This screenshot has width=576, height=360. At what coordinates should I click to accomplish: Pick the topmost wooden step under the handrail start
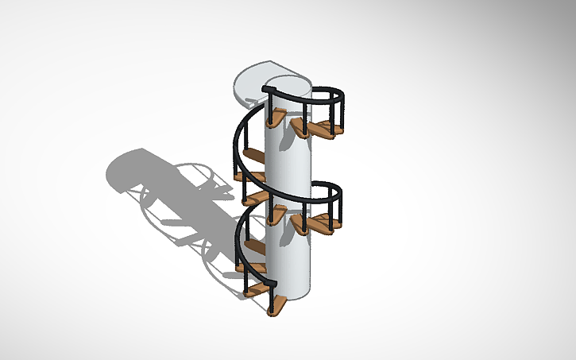[x=276, y=119]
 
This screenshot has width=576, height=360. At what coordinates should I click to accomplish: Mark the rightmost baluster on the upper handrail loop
[x=342, y=112]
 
